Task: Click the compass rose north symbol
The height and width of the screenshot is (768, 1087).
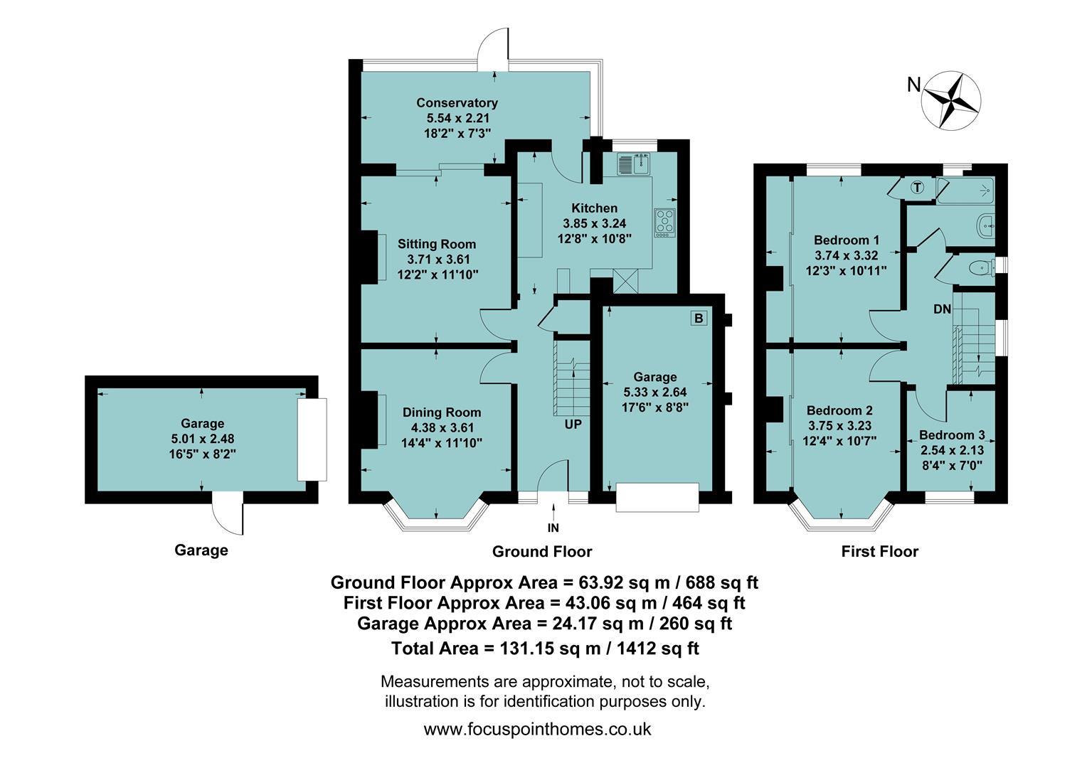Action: click(951, 100)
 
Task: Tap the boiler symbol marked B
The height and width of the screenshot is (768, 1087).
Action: click(698, 318)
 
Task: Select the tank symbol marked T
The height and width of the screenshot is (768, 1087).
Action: click(918, 188)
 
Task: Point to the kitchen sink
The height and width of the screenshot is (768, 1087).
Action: click(633, 164)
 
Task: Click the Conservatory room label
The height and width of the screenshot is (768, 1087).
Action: click(457, 103)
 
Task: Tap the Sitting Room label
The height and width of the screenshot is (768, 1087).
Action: click(437, 245)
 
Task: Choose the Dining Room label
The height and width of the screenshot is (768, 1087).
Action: click(442, 412)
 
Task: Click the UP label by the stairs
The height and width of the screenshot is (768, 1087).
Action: click(573, 425)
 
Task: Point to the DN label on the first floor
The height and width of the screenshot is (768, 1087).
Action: click(942, 309)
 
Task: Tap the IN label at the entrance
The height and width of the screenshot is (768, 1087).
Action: click(553, 528)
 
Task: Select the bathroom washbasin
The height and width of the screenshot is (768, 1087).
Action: click(986, 225)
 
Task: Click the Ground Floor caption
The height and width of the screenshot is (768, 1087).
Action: click(542, 552)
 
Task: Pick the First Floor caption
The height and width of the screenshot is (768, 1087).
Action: click(879, 552)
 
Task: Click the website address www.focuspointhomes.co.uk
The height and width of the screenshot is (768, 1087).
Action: click(537, 729)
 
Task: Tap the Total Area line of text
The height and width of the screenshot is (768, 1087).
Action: click(545, 649)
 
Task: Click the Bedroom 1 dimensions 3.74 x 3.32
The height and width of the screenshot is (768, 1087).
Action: click(846, 255)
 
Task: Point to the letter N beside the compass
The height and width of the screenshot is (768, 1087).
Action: click(914, 85)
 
